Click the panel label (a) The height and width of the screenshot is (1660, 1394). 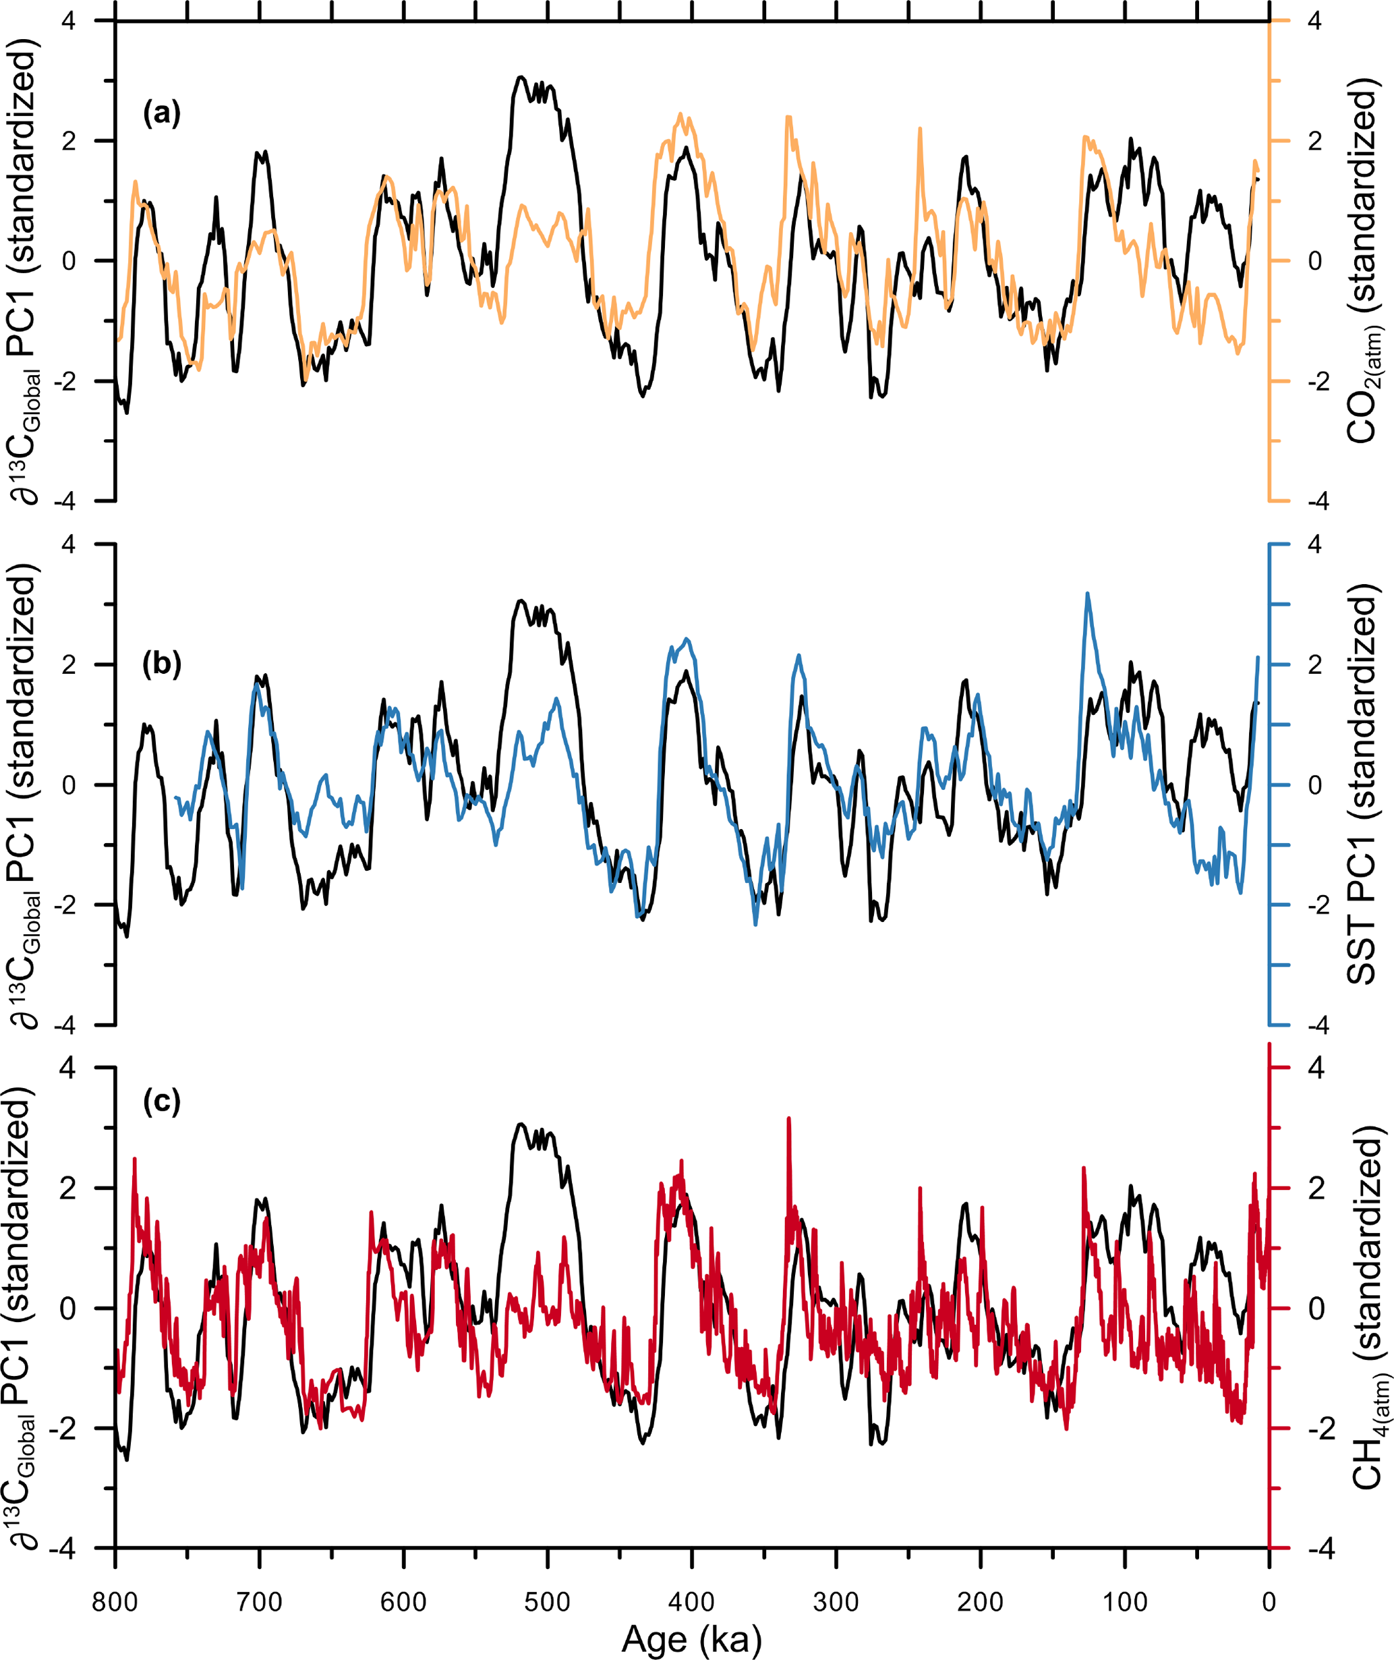tap(162, 114)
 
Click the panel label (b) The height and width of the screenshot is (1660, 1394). tap(162, 664)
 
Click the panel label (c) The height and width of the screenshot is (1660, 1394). tap(162, 1101)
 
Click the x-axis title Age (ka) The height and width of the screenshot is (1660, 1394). tap(691, 1638)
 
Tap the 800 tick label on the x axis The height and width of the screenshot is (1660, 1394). tap(115, 1602)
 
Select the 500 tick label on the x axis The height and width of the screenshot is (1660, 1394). tap(547, 1602)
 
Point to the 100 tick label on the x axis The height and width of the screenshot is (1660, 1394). tap(1124, 1602)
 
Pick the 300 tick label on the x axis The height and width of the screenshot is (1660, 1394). tap(836, 1602)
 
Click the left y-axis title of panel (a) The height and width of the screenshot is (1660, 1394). tap(24, 268)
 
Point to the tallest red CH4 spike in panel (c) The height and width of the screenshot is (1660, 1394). tap(788, 1118)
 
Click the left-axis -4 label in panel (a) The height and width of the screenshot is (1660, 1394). tap(65, 501)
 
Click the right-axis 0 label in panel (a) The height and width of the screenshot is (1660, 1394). tap(1314, 261)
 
